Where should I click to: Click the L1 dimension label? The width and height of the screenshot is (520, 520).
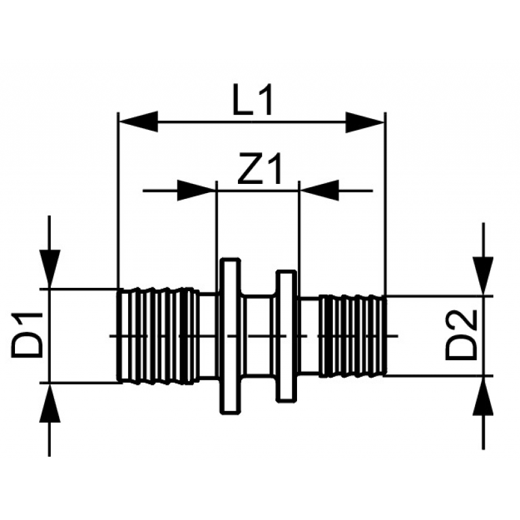(253, 100)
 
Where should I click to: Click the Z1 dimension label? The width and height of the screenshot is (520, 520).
(260, 168)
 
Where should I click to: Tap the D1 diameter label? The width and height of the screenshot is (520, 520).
(27, 335)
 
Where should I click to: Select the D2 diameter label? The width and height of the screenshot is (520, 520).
(461, 335)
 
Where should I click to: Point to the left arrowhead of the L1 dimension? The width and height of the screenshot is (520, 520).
(138, 122)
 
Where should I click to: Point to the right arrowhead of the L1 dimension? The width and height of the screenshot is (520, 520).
(365, 122)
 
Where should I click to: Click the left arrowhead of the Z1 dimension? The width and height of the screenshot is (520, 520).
(197, 190)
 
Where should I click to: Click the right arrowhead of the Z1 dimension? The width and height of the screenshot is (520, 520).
(319, 190)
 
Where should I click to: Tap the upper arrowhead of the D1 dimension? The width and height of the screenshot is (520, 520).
(50, 268)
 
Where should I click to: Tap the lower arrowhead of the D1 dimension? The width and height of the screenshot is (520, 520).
(50, 403)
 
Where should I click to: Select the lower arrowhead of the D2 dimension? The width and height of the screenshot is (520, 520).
(483, 396)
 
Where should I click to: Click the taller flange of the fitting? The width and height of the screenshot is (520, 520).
(230, 335)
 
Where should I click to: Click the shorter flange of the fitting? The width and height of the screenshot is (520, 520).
(286, 336)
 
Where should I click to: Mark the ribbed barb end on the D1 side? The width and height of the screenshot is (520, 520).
(159, 336)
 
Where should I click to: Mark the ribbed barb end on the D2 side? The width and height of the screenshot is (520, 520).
(353, 335)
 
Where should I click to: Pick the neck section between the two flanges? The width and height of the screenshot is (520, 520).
(259, 335)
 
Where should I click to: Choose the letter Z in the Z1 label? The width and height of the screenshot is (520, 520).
(250, 168)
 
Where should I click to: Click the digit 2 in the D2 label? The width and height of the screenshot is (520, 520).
(461, 322)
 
